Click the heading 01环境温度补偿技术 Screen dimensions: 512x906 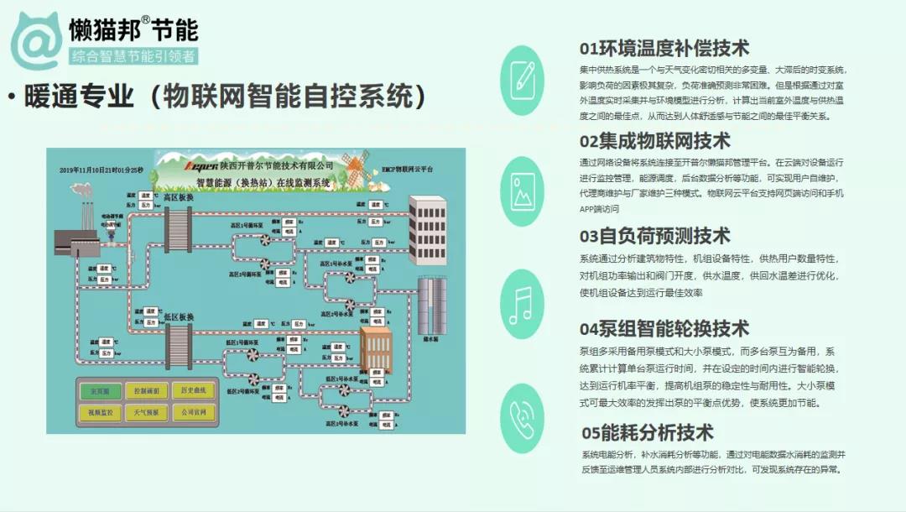[x=664, y=48]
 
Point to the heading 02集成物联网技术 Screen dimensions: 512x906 [x=654, y=140]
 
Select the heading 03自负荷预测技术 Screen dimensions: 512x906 [x=654, y=236]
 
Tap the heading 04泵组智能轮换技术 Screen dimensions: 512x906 [x=664, y=328]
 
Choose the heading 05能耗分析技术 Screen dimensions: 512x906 [x=648, y=432]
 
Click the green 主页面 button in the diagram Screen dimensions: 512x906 [x=91, y=391]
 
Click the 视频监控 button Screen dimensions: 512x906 [x=91, y=412]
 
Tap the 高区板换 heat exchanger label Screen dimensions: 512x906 [x=178, y=198]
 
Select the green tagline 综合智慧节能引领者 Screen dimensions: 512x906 [x=133, y=57]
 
